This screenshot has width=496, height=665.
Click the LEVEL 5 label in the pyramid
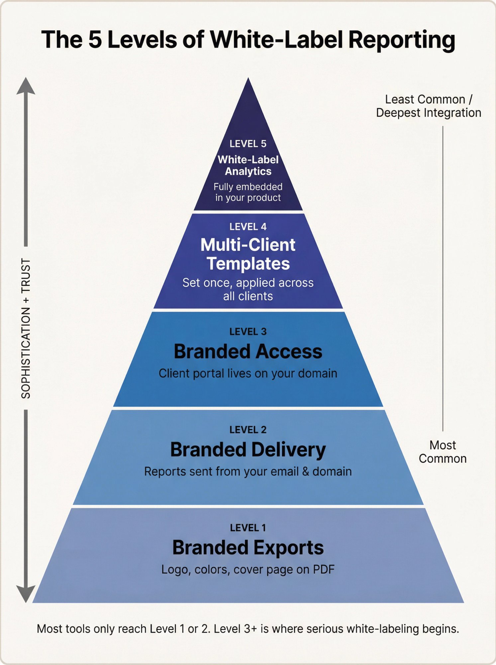click(x=248, y=144)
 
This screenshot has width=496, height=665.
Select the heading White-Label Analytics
click(x=248, y=165)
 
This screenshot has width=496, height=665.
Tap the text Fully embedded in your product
click(x=248, y=192)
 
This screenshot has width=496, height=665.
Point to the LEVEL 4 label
click(x=248, y=227)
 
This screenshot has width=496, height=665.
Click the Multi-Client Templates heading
click(x=248, y=254)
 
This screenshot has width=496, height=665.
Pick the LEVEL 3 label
click(x=248, y=332)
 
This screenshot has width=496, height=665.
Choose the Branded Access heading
click(x=248, y=351)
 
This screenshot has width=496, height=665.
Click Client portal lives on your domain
click(x=248, y=373)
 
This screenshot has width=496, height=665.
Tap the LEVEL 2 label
click(x=248, y=430)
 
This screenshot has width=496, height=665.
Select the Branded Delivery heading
click(x=248, y=450)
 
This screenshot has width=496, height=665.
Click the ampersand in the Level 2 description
click(x=305, y=471)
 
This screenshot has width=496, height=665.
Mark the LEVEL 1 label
click(x=248, y=528)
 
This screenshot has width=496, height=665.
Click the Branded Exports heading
click(x=248, y=548)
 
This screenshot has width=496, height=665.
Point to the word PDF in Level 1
click(x=324, y=570)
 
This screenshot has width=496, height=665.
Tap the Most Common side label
click(x=443, y=452)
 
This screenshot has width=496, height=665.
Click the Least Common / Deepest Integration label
click(x=429, y=106)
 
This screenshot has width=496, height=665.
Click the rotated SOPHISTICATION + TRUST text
click(x=26, y=328)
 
